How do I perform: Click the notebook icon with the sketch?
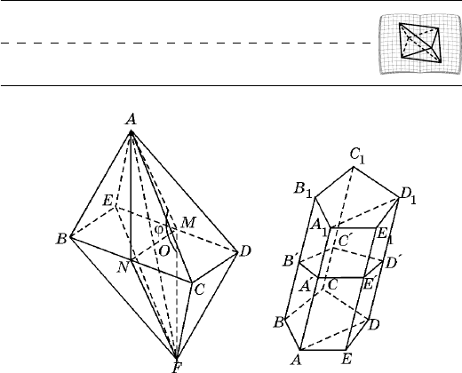[420, 44]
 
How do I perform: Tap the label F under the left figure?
[177, 368]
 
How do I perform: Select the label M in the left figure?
[188, 222]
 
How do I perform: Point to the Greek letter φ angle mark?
[159, 229]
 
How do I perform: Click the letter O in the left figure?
[164, 251]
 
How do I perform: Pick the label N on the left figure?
[123, 267]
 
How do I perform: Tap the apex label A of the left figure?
[131, 120]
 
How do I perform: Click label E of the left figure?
[108, 201]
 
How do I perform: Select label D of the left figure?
[245, 251]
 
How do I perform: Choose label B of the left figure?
[61, 239]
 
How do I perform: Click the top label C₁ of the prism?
[357, 156]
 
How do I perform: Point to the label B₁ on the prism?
[303, 189]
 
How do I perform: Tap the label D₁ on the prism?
[408, 196]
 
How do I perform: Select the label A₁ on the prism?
[319, 228]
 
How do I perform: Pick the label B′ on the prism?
[289, 261]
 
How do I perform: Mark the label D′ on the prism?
[393, 262]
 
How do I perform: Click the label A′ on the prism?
[306, 286]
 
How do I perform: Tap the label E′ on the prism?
[369, 284]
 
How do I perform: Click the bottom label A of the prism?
[297, 360]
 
